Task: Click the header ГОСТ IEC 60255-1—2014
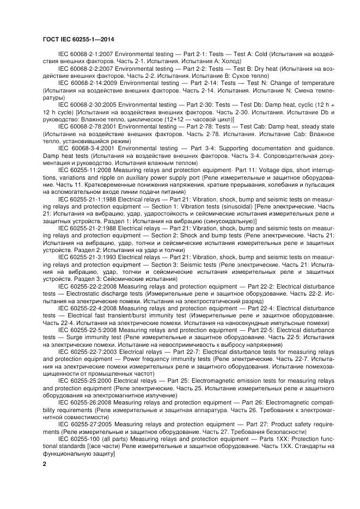click(77, 39)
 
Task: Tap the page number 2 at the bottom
click(44, 463)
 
